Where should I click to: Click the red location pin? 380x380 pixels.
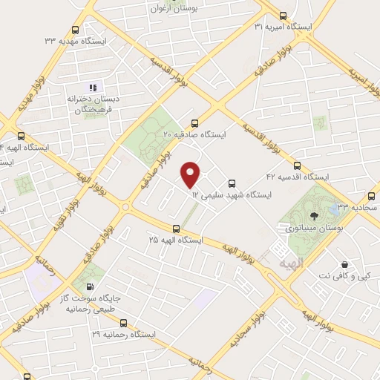coord(191,174)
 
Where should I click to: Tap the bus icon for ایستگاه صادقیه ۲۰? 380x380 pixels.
coord(194,124)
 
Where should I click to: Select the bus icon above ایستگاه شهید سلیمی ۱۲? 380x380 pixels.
coord(232,183)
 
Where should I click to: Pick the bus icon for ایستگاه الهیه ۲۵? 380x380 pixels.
coord(176,229)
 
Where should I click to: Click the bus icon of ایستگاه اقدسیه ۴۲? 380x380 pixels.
coord(298,166)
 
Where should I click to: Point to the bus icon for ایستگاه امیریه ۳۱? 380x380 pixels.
coord(282,16)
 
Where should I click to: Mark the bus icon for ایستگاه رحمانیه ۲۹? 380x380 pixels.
coord(123,324)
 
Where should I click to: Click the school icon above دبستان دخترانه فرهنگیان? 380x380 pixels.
coord(94,88)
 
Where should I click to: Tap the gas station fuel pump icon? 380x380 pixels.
coord(90,287)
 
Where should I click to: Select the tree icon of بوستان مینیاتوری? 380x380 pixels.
coord(315,216)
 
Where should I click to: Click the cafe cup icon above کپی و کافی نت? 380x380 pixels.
coord(345,265)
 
